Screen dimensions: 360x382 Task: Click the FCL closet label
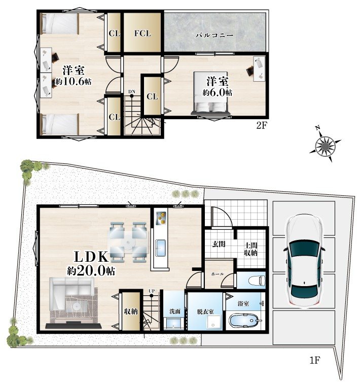142,33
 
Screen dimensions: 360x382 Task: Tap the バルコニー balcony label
214,36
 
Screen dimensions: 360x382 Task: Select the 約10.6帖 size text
73,81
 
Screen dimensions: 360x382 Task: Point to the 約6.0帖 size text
218,92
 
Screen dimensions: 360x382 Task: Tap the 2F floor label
262,126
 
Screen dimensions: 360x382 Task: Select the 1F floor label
315,360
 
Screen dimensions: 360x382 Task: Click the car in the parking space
304,261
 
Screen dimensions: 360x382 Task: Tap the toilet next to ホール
257,281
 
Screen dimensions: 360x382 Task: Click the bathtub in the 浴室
243,321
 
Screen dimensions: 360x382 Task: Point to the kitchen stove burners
161,218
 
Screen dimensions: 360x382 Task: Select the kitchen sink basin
161,248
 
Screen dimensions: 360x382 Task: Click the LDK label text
91,257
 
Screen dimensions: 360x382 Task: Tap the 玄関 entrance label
219,244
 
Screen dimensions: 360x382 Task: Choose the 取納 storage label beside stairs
131,311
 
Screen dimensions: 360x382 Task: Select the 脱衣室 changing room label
205,311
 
